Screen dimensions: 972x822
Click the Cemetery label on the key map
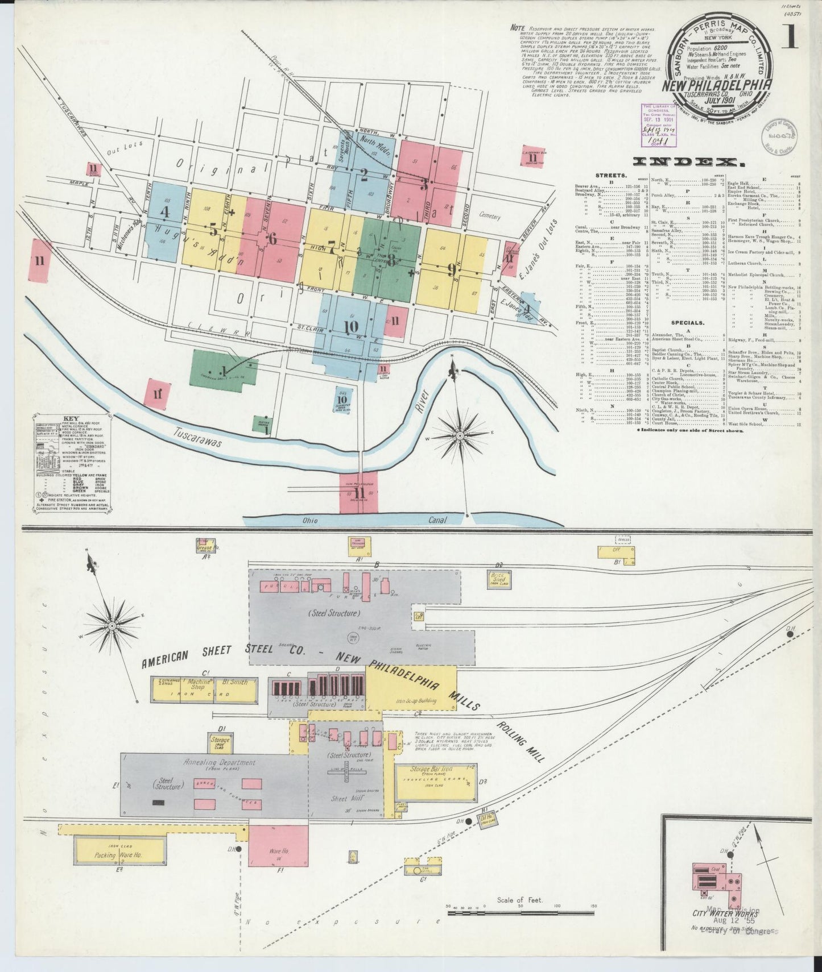point(489,217)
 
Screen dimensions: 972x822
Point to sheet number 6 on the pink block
point(272,239)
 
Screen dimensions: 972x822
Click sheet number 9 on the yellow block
point(451,268)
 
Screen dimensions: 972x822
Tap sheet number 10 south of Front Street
point(351,327)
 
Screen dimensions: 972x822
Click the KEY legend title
point(71,418)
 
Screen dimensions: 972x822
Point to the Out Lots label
point(119,153)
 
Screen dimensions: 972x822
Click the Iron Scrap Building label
point(416,701)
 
